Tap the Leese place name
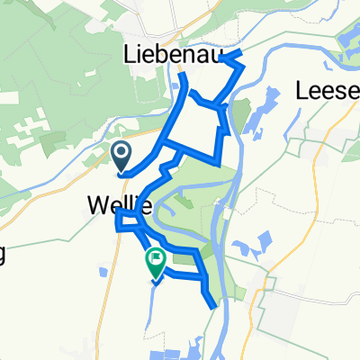coord(326,90)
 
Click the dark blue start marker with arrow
coord(121,157)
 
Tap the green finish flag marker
coord(156,260)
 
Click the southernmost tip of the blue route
coord(214,307)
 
